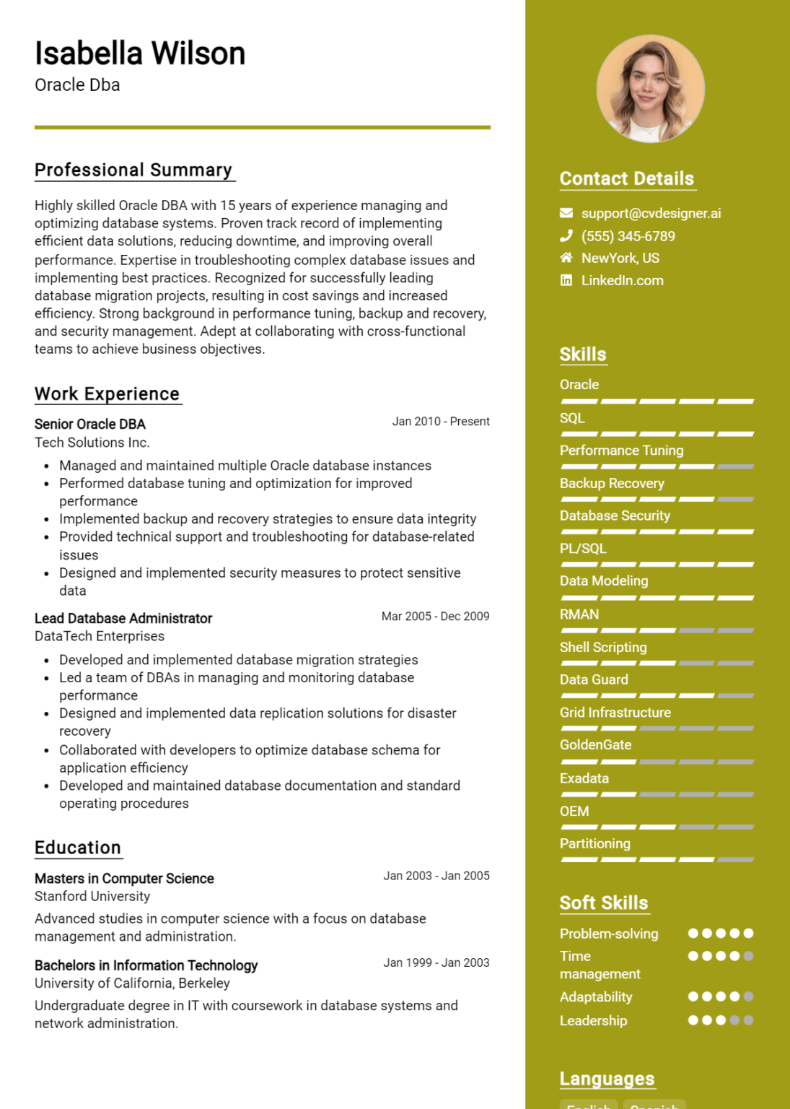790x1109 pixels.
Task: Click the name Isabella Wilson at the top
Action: pos(140,54)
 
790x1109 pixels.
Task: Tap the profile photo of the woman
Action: pos(650,88)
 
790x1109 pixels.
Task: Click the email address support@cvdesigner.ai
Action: pos(651,213)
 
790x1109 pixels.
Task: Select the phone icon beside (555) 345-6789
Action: pos(566,235)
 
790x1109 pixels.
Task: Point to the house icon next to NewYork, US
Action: pos(566,258)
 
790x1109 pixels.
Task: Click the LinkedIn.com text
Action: pos(622,280)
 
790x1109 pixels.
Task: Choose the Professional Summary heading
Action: pos(133,170)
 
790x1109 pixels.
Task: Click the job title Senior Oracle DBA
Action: pos(90,424)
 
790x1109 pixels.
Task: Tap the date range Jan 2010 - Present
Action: pos(440,421)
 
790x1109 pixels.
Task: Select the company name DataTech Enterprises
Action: pos(100,636)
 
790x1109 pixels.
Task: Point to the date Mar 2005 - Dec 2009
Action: pos(435,616)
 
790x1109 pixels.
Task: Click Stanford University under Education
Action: pos(92,896)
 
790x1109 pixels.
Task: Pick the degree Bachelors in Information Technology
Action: pos(146,965)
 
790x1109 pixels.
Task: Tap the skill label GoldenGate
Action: pos(595,744)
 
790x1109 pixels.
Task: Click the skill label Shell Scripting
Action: pos(603,647)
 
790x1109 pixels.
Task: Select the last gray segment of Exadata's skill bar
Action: pos(736,794)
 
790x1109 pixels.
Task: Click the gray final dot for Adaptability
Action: pos(748,996)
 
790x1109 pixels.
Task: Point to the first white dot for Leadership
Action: pos(693,1020)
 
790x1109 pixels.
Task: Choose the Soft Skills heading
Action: pos(604,903)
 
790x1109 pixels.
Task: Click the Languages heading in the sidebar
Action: pos(607,1079)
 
